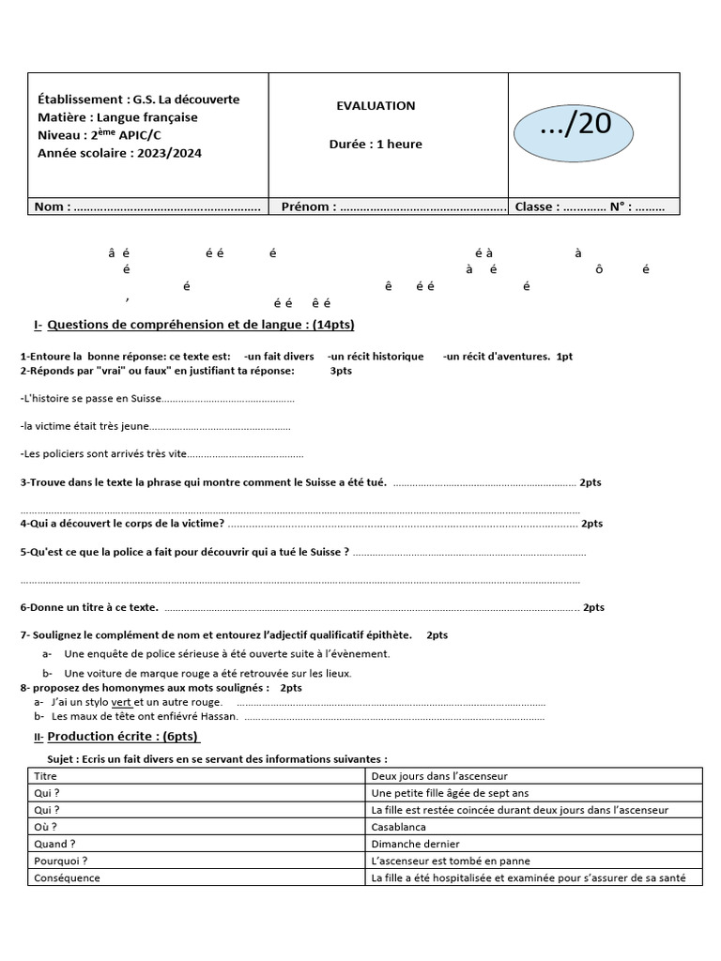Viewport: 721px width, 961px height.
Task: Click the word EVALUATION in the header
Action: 376,106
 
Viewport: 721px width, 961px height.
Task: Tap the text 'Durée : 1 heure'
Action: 376,145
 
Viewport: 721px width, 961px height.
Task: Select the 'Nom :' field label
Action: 52,206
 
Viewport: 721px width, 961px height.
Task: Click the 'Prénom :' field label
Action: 305,206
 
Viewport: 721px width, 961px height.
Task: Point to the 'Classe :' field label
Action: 537,206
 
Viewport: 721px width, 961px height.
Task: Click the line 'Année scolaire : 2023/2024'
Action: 119,153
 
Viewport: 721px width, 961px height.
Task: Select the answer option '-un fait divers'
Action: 279,357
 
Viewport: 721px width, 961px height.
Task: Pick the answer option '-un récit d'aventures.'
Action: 496,357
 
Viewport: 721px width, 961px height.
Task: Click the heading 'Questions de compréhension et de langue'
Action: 200,325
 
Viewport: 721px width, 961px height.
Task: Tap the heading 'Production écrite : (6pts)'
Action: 122,737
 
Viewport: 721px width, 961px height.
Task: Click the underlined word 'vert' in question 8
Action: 121,702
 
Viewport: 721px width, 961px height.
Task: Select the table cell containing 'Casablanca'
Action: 398,827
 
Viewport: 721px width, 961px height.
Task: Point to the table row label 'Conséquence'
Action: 67,877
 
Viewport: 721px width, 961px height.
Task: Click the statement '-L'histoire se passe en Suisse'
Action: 91,399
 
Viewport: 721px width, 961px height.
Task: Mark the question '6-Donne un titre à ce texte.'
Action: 89,607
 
